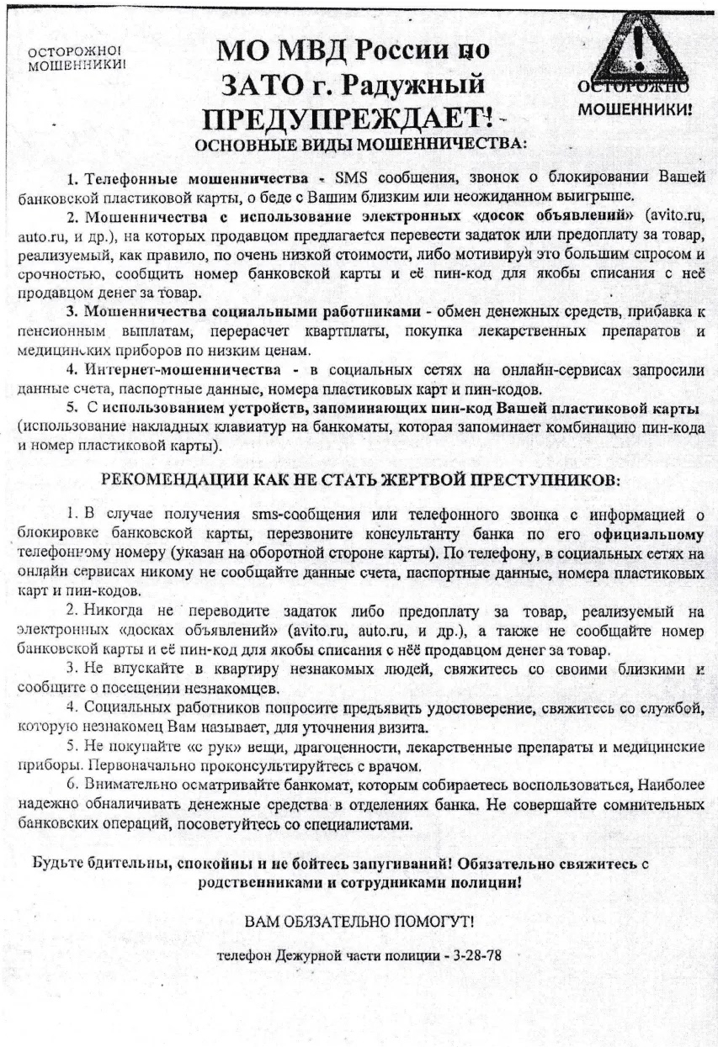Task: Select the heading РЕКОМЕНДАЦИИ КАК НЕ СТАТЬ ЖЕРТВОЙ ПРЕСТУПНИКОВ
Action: coord(359,480)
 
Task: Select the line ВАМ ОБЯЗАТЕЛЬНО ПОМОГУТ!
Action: coord(359,922)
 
